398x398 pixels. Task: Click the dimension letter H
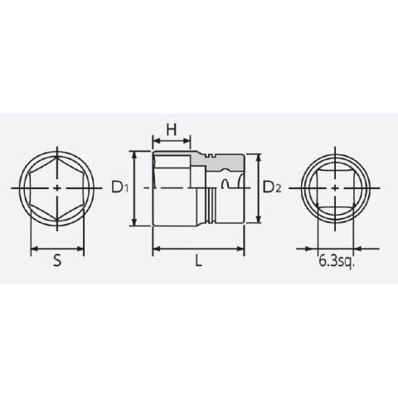(172, 129)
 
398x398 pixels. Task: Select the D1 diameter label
(120, 187)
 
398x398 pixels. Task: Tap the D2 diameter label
(272, 187)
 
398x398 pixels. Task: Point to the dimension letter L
(198, 260)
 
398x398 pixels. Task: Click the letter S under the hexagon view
(57, 260)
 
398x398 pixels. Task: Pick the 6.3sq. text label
(337, 261)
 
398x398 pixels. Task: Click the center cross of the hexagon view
(57, 188)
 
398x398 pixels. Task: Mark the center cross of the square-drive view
(335, 188)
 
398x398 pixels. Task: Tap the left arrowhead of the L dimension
(157, 249)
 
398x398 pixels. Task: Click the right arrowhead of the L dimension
(240, 249)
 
